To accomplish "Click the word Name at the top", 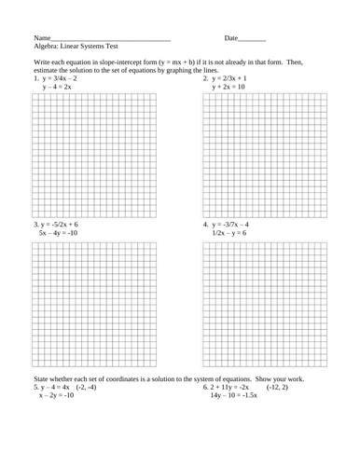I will point(41,38).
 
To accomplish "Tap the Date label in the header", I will point(231,38).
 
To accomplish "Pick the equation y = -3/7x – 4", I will point(236,225).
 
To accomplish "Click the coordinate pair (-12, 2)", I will point(280,387).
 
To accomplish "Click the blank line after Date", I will point(253,40).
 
